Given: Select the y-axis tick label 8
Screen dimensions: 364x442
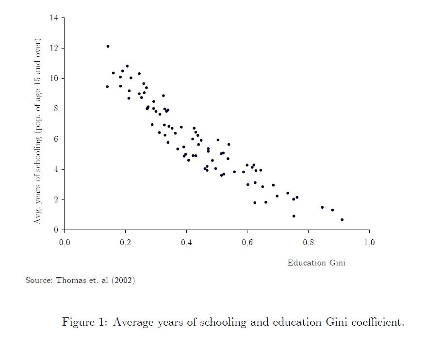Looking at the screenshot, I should coord(55,109).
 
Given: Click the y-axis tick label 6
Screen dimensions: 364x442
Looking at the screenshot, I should coord(55,139).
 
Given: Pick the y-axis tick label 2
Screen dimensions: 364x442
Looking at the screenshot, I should coord(55,200).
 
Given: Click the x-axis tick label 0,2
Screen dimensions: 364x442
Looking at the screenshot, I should coord(125,243).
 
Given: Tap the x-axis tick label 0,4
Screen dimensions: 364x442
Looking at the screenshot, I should coord(186,243).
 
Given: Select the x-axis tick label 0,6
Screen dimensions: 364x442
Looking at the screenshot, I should coord(247,243).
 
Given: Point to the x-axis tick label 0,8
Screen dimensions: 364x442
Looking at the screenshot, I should coord(308,243).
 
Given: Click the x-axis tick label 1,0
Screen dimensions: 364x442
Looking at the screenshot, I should coord(369,243).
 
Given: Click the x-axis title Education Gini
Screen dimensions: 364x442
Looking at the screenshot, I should coord(316,263).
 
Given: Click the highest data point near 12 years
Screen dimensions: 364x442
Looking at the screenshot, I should coord(108,47).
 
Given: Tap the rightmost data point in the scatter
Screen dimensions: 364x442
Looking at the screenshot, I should coord(342,220).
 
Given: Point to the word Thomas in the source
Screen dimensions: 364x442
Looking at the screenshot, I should coord(70,281).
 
